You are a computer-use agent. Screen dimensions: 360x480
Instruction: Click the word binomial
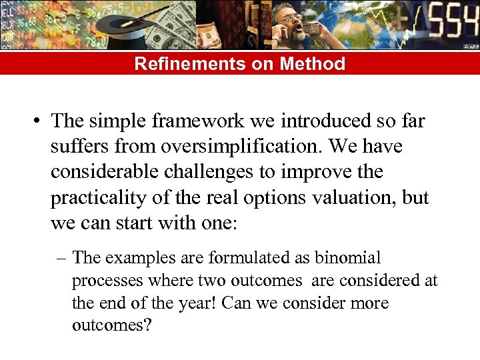point(347,257)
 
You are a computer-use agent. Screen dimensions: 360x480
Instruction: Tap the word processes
point(104,280)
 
